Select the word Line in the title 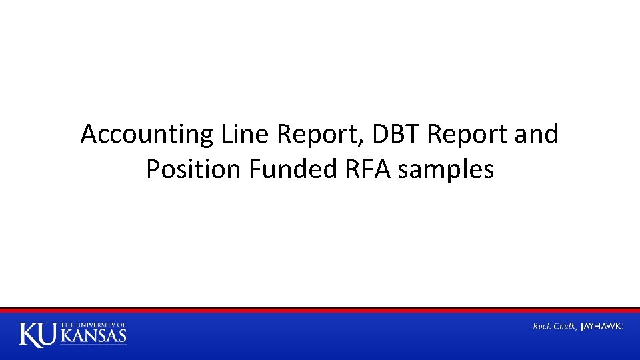click(238, 134)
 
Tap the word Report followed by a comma click(314, 135)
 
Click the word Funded click(294, 170)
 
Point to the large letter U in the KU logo click(50, 334)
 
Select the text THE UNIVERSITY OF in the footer click(93, 325)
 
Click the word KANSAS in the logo click(93, 335)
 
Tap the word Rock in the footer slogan click(543, 326)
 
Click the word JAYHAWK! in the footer click(603, 326)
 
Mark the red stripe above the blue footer click(320, 311)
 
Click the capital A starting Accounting click(89, 134)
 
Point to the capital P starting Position click(153, 169)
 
